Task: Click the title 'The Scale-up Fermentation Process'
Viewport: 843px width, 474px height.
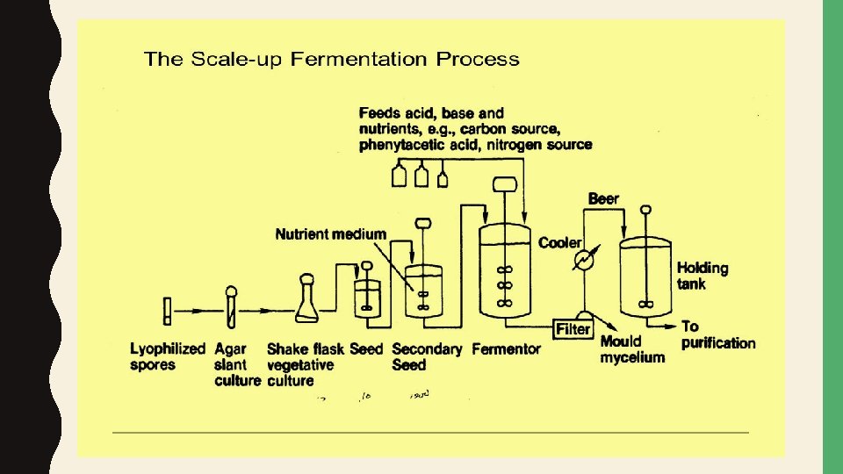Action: tap(331, 60)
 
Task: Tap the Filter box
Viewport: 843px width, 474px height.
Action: tap(573, 329)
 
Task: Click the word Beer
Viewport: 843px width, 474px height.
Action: tap(603, 199)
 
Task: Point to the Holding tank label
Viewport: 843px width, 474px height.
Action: tap(702, 276)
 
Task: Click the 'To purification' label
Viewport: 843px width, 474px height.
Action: tap(717, 335)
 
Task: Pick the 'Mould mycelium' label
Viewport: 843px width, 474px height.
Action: tap(632, 349)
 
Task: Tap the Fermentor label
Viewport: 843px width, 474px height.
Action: tap(506, 349)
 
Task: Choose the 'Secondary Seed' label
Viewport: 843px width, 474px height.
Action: tap(427, 356)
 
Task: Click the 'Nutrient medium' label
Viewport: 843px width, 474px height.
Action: tap(330, 234)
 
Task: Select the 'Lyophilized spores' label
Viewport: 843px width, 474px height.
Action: tap(167, 356)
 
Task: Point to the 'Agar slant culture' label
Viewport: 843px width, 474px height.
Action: tap(237, 364)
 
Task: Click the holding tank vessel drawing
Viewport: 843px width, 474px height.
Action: tap(646, 276)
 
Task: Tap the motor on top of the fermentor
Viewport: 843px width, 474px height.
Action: tap(504, 185)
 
